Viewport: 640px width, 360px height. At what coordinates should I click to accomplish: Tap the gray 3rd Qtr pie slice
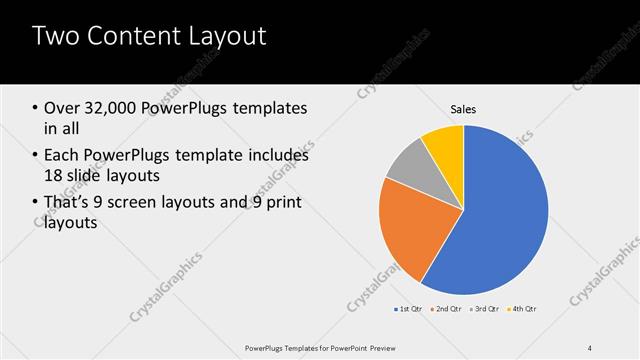(x=408, y=167)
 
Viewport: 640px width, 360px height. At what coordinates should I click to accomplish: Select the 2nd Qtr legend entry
(x=447, y=308)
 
